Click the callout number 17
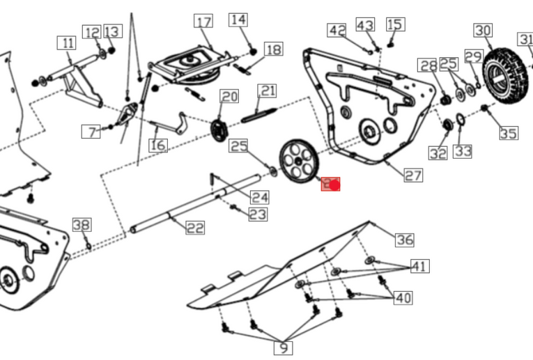coord(203,22)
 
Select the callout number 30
coord(483,31)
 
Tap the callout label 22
coord(195,227)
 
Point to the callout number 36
coord(404,240)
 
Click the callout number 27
coord(413,175)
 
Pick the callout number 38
coord(82,225)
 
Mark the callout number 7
coord(91,131)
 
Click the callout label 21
coord(268,91)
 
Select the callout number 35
coord(509,132)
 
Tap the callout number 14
coord(238,19)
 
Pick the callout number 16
coord(158,145)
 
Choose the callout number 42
coord(337,31)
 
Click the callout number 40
coord(403,298)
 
